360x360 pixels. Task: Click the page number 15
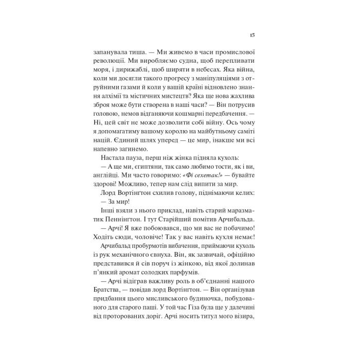253,34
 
